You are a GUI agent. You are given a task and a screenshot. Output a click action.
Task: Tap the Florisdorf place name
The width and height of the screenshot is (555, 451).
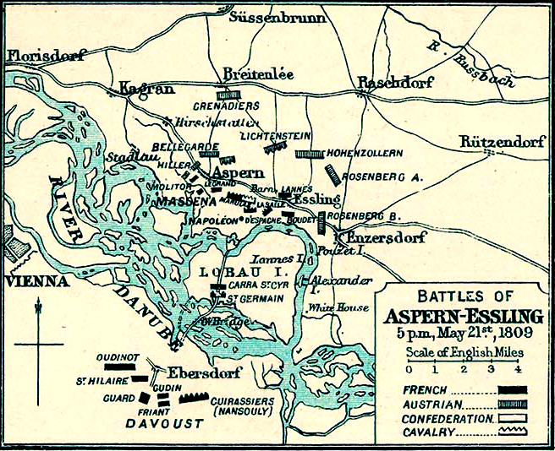point(47,57)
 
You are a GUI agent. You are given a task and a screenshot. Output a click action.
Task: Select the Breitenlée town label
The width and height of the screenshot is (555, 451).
point(258,74)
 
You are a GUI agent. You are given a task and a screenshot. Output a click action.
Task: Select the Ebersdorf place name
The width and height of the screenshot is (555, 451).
point(203,372)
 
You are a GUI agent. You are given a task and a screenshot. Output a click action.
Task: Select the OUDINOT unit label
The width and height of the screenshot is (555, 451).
point(116,357)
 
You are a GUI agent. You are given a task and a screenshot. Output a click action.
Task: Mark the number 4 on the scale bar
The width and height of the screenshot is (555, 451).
point(518,369)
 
